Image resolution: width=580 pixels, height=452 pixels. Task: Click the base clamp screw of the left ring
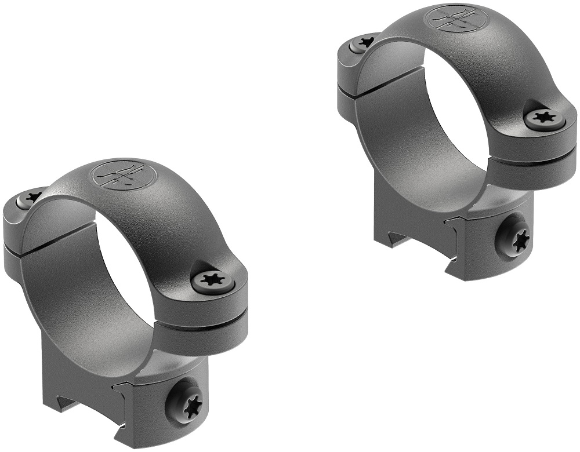coord(187,400)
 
